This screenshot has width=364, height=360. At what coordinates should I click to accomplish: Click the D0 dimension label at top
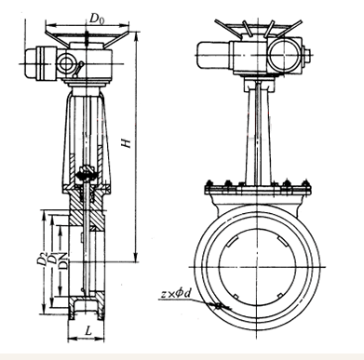coord(97,19)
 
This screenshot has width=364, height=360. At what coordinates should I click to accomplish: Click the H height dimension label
coord(127,143)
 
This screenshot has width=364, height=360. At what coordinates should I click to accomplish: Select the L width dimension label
coord(88,331)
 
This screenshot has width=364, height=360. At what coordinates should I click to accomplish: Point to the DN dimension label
coord(63,260)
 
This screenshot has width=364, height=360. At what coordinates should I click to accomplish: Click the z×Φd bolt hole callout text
coord(175,293)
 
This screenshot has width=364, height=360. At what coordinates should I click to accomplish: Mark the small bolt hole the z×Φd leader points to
coord(218,306)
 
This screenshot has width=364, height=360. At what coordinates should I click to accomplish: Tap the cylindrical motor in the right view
coord(215,56)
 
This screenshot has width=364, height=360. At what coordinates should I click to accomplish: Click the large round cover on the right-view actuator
coord(284,55)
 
